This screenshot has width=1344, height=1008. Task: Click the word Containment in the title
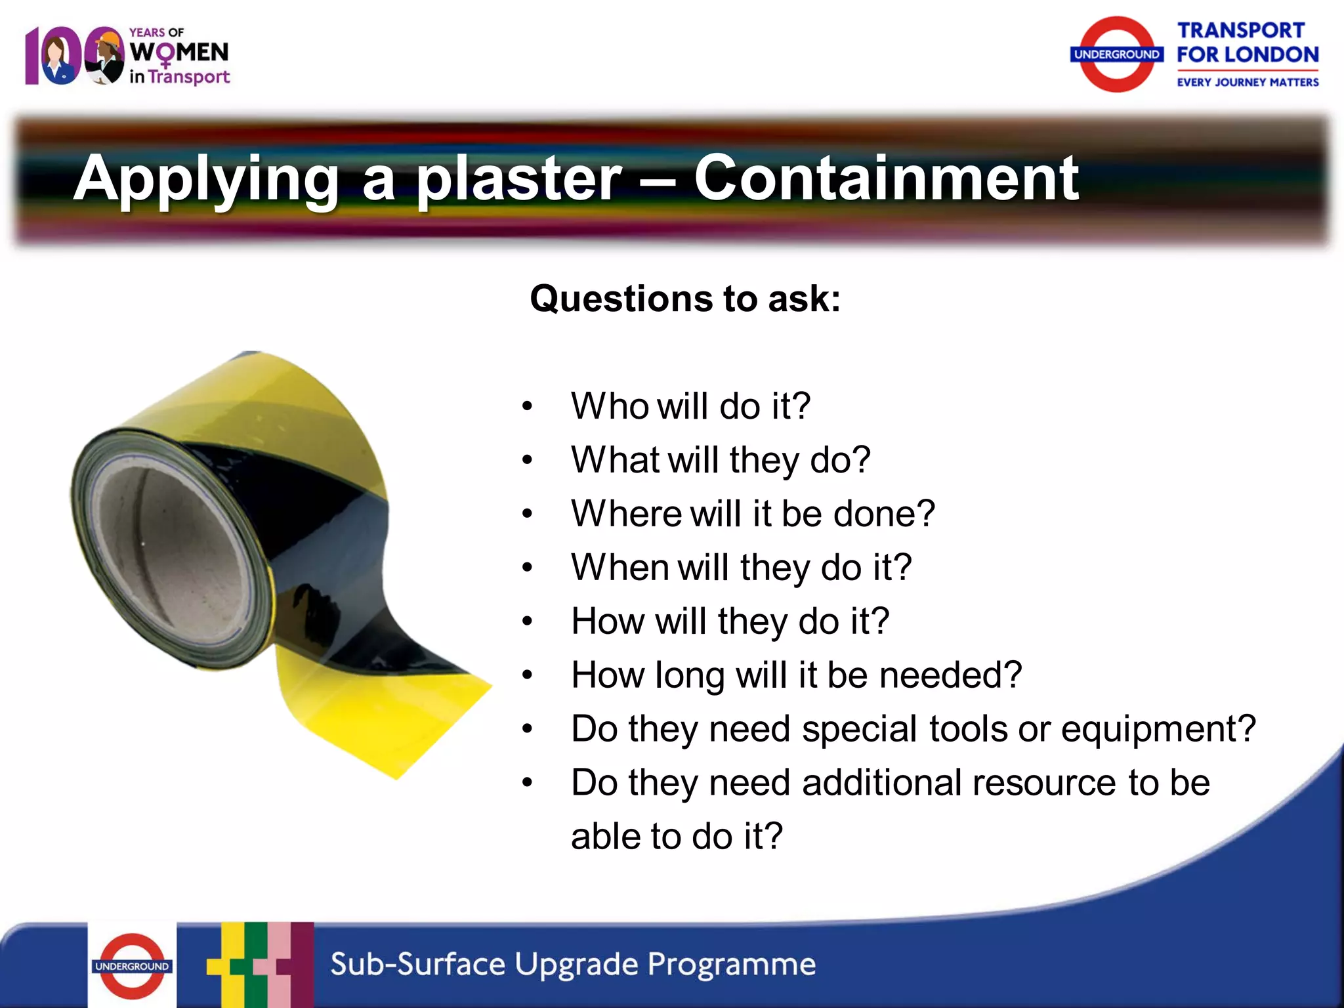886,178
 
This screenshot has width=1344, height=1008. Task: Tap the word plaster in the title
518,178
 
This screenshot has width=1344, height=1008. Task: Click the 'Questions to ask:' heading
684,299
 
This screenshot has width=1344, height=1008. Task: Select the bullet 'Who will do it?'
690,406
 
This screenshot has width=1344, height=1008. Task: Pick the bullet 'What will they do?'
720,459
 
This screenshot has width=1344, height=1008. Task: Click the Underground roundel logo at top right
1116,54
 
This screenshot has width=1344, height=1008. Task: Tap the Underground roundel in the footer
132,966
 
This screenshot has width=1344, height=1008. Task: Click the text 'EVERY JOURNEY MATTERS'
1247,82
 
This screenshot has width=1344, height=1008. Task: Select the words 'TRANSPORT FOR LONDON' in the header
1246,43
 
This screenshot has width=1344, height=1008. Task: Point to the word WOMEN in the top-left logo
179,52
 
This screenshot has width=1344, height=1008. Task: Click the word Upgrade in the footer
576,965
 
